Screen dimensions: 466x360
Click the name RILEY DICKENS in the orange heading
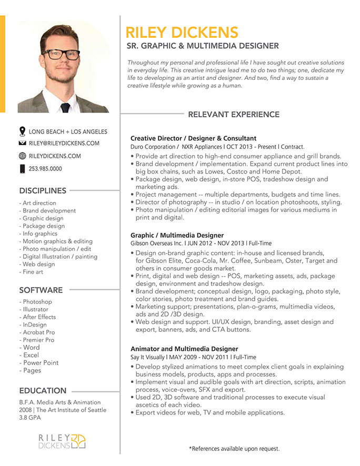pyautogui.click(x=182, y=32)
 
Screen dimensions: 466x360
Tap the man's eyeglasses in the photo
pyautogui.click(x=62, y=54)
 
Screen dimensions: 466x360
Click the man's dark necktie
pyautogui.click(x=65, y=107)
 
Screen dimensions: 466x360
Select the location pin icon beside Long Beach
pyautogui.click(x=22, y=131)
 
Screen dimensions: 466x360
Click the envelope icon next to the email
pyautogui.click(x=22, y=143)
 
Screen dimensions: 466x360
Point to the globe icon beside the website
pyautogui.click(x=22, y=156)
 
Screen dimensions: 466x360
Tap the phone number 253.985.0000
pyautogui.click(x=45, y=169)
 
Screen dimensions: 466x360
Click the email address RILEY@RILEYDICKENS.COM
pyautogui.click(x=64, y=143)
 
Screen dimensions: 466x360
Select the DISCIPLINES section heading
pyautogui.click(x=43, y=190)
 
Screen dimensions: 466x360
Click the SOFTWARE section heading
pyautogui.click(x=41, y=290)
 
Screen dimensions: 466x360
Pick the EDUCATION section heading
pyautogui.click(x=43, y=390)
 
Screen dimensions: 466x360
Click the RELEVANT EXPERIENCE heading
pyautogui.click(x=234, y=114)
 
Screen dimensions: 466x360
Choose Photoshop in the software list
pyautogui.click(x=37, y=302)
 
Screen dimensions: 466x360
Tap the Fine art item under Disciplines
pyautogui.click(x=33, y=272)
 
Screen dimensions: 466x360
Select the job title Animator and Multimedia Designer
pyautogui.click(x=184, y=349)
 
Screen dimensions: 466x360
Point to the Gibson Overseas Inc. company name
pyautogui.click(x=157, y=244)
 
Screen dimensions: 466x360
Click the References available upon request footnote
pyautogui.click(x=234, y=449)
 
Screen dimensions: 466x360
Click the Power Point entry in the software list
pyautogui.click(x=41, y=362)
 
